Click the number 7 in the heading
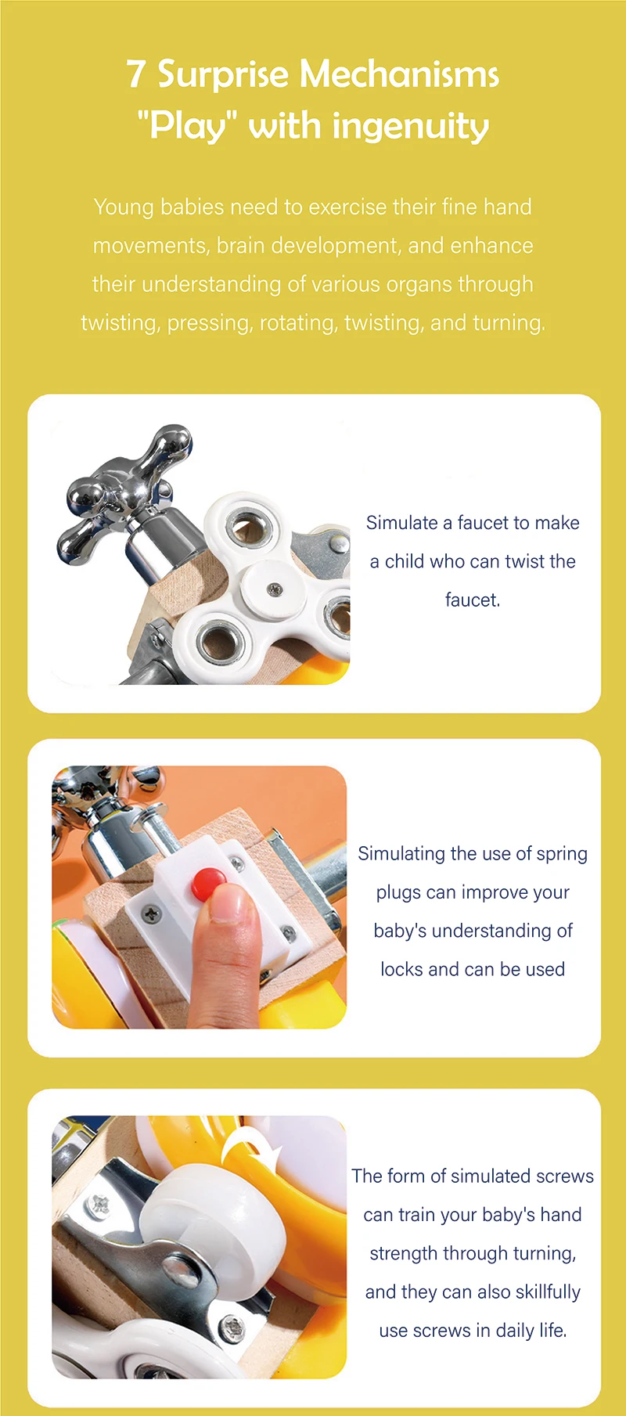click(x=136, y=75)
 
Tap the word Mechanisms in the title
click(x=399, y=75)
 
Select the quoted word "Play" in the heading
click(x=187, y=125)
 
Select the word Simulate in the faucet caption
click(x=402, y=523)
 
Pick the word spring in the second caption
click(x=562, y=855)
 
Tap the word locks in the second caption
click(x=402, y=969)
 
